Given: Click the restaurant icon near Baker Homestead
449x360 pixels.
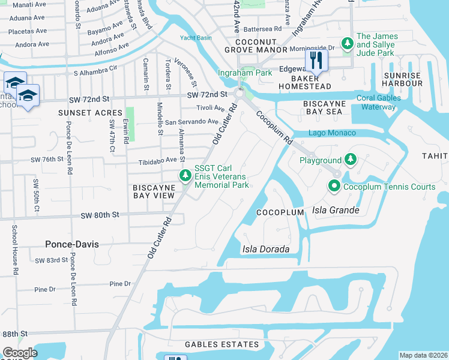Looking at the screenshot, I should pos(316,60).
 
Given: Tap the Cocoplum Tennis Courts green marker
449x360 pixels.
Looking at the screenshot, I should pos(335,187).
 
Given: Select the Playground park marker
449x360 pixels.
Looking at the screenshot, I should pos(351,160).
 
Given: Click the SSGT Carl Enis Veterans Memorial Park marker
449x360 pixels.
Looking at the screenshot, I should pos(186,176).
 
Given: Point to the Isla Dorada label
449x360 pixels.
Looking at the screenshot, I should pos(266,249).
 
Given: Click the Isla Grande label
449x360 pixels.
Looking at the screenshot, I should pos(336,211).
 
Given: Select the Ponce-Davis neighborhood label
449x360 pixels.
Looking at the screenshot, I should pos(72,244).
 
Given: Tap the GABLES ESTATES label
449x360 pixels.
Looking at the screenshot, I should pos(222,344).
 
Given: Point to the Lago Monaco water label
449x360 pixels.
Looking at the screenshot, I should pos(332,133).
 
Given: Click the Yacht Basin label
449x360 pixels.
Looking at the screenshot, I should pos(195,38).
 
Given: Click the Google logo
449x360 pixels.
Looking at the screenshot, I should pos(19,353).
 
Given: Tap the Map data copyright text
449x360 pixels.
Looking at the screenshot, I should pos(423,355).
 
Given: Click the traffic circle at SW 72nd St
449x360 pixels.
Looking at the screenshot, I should pos(240,94).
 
